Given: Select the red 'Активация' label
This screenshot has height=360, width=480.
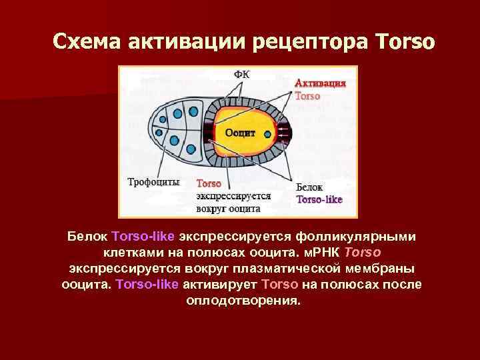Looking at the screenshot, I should point(321,84).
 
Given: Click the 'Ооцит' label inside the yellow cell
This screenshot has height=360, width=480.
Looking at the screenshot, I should point(240,133).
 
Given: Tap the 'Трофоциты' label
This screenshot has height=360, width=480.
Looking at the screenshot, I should point(153,181).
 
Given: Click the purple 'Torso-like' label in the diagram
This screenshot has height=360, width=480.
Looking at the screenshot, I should point(319,199).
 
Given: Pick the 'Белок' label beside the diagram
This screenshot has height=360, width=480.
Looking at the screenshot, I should point(309,188).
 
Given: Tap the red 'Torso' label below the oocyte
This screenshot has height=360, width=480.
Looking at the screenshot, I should point(209,183).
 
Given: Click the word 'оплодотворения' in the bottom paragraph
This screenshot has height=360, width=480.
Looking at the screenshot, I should point(243,300).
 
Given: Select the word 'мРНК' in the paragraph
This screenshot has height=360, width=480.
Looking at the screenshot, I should point(324,253).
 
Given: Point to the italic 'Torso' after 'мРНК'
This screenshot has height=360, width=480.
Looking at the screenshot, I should point(364,253).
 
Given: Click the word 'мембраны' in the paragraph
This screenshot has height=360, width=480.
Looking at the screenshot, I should point(382,269).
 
